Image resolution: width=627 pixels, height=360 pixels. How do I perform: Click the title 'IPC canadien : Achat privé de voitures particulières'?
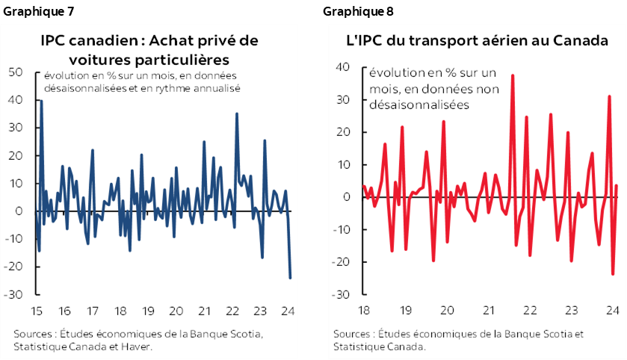coord(149,49)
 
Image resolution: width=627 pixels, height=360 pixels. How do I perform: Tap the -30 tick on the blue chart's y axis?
coord(13,294)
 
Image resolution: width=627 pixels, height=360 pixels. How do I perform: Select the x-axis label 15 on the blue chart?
coord(37,311)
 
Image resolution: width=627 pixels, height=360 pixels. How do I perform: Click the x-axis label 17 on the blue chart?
coord(92,311)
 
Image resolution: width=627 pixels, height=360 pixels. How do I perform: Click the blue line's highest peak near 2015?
coord(41,101)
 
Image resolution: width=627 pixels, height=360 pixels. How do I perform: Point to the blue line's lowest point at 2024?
coord(290,278)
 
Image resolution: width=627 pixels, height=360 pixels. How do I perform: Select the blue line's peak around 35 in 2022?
coord(237,114)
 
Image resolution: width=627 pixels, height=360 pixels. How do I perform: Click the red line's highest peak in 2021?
coord(513,75)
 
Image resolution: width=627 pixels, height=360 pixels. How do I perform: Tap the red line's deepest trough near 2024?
coord(613,274)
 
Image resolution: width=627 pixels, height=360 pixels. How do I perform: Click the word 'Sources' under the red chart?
coord(353,334)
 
